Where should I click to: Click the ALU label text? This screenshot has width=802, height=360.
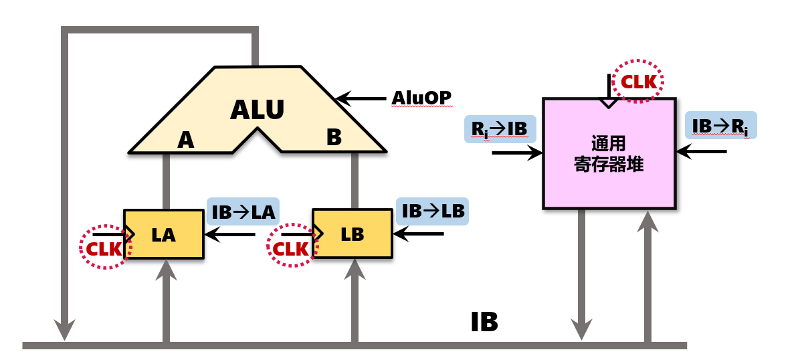coord(258,110)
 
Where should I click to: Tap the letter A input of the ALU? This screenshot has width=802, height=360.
coord(185,141)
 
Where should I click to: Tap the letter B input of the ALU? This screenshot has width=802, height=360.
coord(334,138)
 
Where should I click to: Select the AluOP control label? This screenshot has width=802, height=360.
coord(421,99)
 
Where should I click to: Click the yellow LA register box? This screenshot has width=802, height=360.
coord(163,234)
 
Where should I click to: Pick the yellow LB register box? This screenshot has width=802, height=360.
coord(352,234)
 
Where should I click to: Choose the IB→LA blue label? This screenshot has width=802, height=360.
coord(243,212)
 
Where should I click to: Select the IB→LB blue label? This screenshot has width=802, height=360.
coord(431,211)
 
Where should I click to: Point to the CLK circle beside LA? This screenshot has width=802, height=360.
coord(104,248)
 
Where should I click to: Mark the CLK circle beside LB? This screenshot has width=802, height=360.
coord(292,247)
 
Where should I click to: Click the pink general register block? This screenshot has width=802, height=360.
coord(608,154)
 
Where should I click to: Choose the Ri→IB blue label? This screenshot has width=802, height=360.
coord(500,128)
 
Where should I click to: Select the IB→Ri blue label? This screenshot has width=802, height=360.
coord(720,125)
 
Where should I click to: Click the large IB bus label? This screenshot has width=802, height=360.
coord(484,323)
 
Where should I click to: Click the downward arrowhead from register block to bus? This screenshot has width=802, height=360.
coord(581,330)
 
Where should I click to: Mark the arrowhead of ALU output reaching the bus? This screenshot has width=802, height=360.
coord(64,331)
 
